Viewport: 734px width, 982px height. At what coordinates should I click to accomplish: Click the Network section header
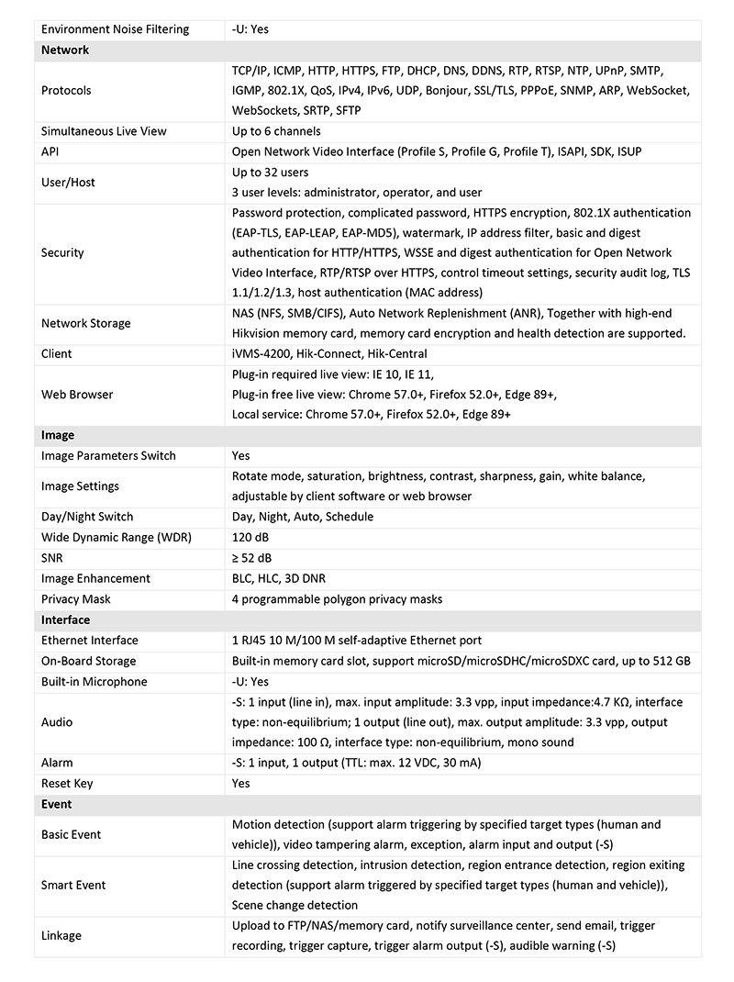click(65, 50)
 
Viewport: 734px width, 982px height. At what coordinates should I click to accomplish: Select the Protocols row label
click(66, 91)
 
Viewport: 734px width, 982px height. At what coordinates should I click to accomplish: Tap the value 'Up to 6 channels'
click(276, 131)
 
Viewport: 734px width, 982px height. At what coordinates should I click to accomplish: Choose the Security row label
click(62, 252)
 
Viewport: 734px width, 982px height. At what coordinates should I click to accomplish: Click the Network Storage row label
click(86, 323)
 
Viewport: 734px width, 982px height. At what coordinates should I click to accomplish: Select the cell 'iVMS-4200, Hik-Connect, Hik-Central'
click(329, 353)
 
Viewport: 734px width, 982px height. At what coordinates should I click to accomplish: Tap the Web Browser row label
click(77, 395)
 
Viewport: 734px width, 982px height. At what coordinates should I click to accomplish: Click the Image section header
click(58, 435)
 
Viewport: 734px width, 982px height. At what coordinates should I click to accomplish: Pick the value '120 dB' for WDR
click(252, 537)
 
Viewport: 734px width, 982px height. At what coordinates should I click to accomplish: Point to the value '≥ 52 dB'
click(251, 558)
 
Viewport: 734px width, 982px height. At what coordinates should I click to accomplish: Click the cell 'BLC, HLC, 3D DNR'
click(279, 578)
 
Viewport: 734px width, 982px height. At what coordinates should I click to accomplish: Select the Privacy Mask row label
click(76, 599)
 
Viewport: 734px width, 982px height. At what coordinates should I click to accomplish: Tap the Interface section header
click(65, 619)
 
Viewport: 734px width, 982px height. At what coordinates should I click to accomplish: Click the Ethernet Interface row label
click(90, 641)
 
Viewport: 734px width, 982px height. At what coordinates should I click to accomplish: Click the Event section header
click(57, 804)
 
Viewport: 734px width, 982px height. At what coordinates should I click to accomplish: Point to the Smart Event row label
click(73, 885)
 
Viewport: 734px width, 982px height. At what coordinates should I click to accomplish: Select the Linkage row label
click(61, 935)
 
